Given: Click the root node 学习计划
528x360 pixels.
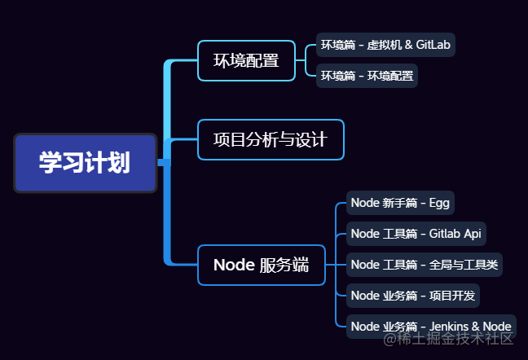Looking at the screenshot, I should pyautogui.click(x=85, y=163).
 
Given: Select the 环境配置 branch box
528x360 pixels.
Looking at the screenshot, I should pyautogui.click(x=246, y=60).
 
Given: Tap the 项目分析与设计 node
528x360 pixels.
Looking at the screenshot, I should pyautogui.click(x=271, y=139).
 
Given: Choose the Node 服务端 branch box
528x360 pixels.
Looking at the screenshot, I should pyautogui.click(x=261, y=265).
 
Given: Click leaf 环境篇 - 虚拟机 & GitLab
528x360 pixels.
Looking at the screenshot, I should pyautogui.click(x=385, y=45).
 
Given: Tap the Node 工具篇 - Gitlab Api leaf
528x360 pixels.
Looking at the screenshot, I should pyautogui.click(x=416, y=234).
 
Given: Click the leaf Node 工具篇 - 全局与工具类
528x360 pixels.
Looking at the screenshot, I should pyautogui.click(x=425, y=264).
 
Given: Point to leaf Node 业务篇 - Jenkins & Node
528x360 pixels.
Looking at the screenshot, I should pyautogui.click(x=431, y=326).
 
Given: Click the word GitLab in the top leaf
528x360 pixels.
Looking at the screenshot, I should pyautogui.click(x=433, y=45).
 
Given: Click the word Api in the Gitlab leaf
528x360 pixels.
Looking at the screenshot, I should pyautogui.click(x=473, y=234).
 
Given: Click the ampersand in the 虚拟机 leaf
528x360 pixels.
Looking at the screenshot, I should pyautogui.click(x=407, y=45).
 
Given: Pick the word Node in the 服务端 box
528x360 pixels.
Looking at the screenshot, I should pyautogui.click(x=233, y=265).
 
